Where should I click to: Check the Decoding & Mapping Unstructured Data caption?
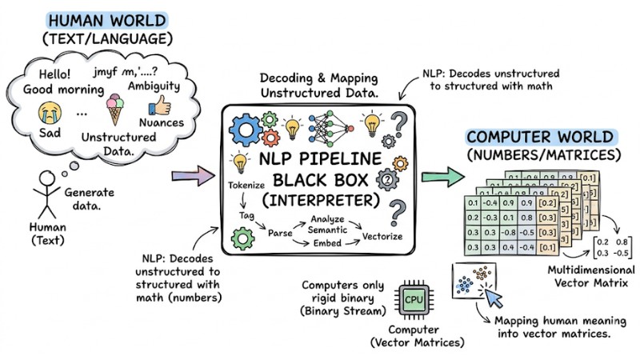coord(318,89)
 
